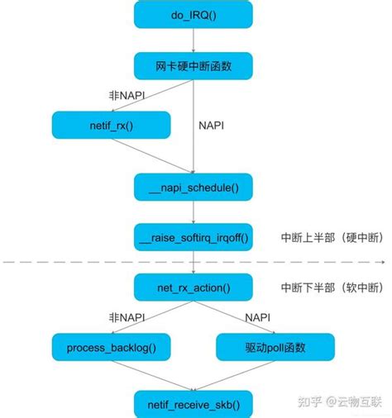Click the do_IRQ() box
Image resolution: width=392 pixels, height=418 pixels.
coord(193,16)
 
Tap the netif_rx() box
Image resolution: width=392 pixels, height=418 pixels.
coord(111,126)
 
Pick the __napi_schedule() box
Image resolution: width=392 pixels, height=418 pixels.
coord(193,187)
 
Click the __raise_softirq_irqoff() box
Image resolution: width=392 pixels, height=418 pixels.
coord(193,237)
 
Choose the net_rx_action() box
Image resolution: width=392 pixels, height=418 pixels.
coord(193,287)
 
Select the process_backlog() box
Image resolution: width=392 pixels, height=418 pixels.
coord(111,347)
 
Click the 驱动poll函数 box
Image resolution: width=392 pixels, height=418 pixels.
coord(275,347)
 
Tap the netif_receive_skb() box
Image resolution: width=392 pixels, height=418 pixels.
coord(193,404)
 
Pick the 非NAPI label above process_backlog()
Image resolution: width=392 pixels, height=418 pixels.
coord(127,316)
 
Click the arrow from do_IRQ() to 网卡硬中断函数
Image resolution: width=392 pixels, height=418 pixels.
coord(193,40)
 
